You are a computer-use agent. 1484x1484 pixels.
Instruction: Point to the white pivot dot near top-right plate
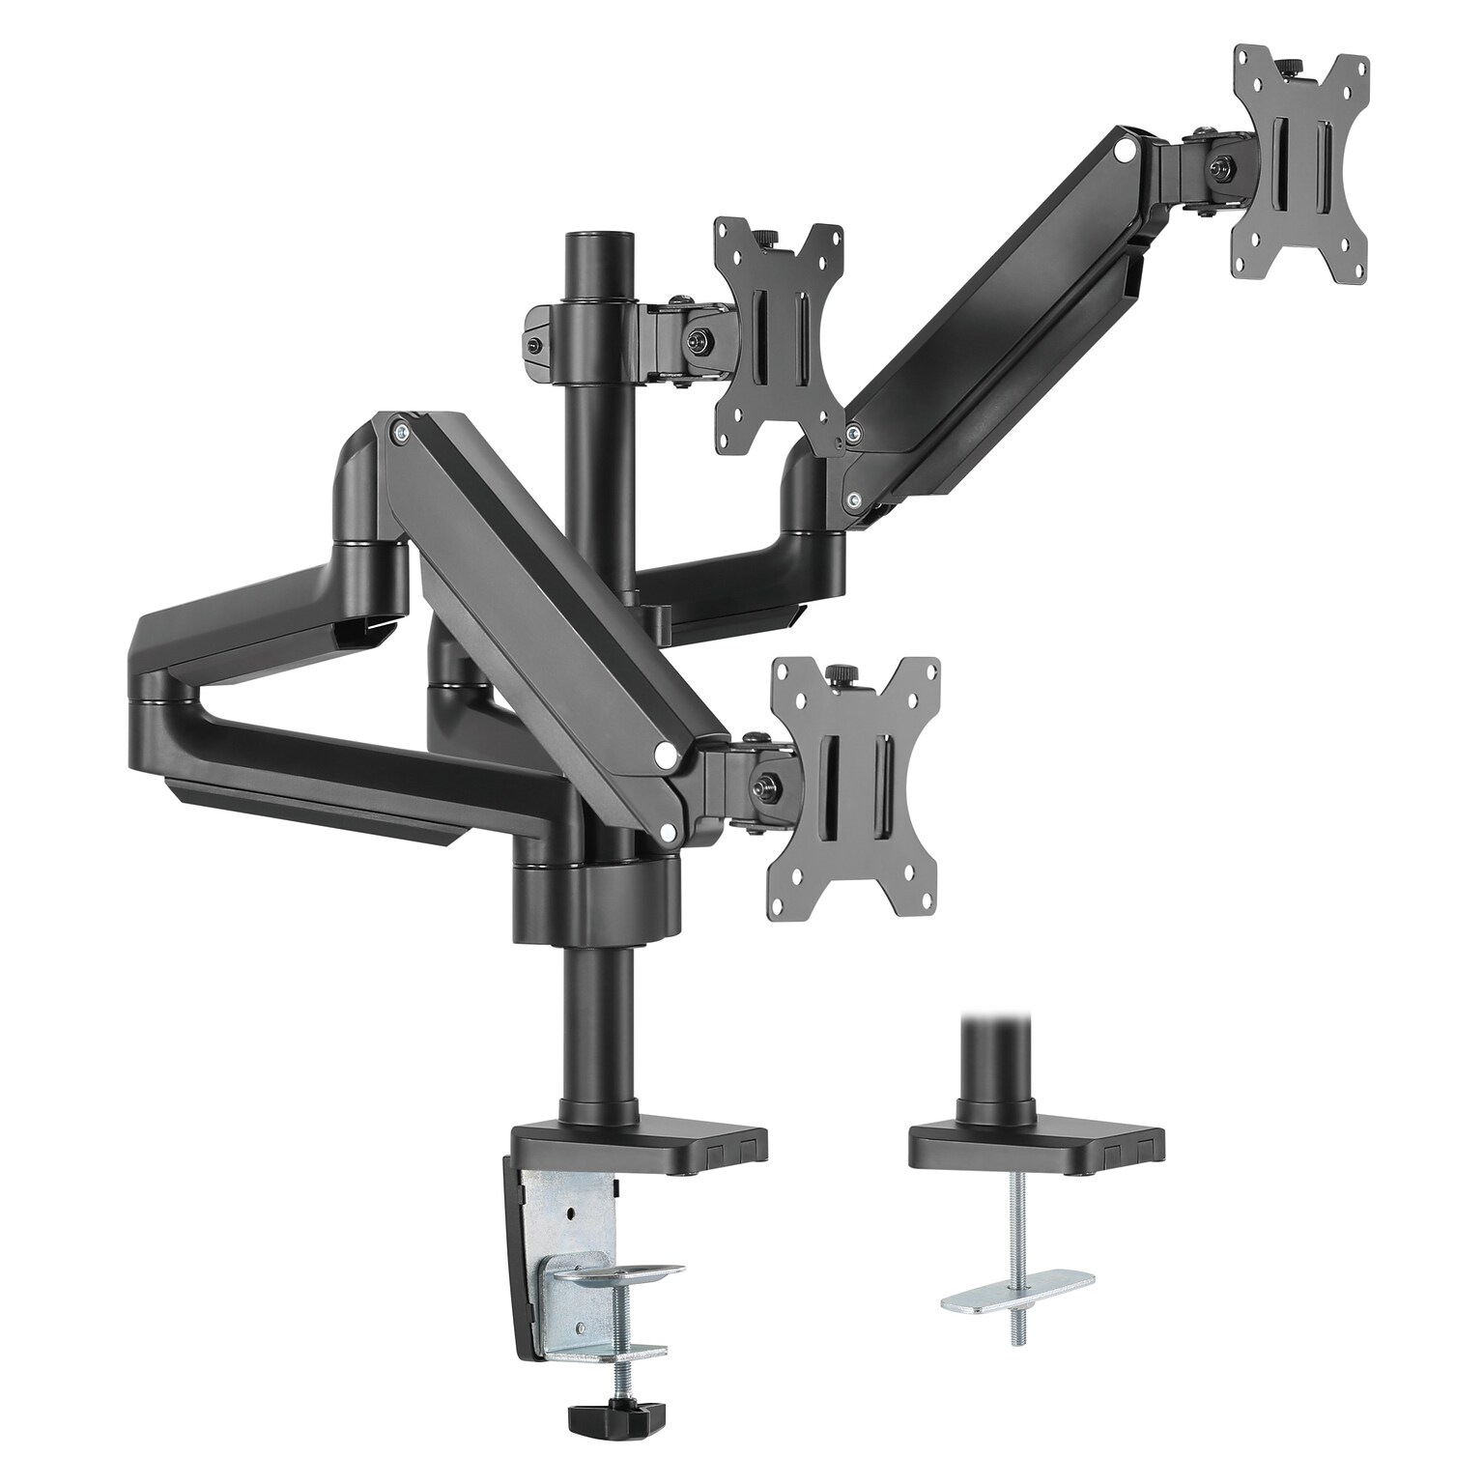[x=1124, y=152]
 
